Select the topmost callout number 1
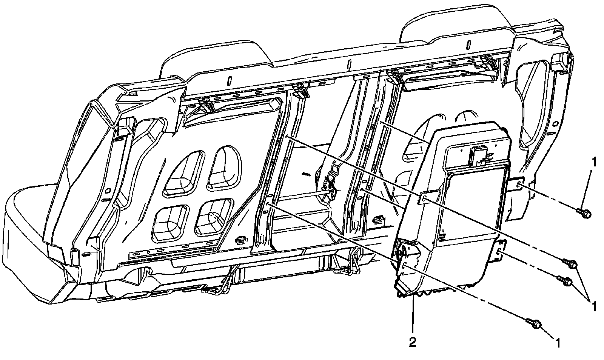coord(594,162)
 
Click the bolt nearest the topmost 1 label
coord(584,214)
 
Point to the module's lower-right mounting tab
coord(499,251)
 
